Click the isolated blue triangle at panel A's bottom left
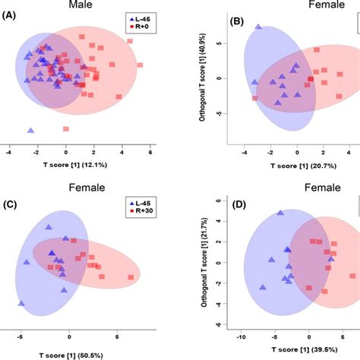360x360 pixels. click(x=30, y=130)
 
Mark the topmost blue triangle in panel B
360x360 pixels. click(x=258, y=27)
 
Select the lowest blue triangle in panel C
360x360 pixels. click(x=21, y=303)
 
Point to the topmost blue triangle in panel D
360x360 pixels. click(x=280, y=213)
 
